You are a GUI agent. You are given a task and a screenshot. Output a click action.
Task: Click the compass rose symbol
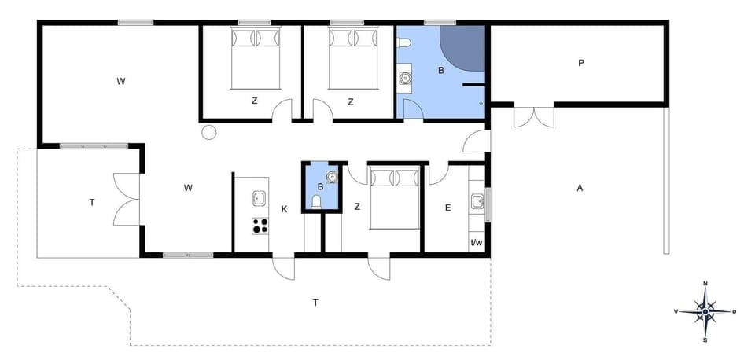pos(705,312)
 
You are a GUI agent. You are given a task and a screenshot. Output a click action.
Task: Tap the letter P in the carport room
pos(581,63)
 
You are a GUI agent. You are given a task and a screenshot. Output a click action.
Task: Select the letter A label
pos(580,188)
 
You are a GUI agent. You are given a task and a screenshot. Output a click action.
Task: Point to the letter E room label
pos(447,208)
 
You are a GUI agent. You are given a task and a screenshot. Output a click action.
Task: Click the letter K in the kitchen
pos(284,208)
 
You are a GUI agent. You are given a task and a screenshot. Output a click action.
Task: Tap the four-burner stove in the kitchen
pos(260,226)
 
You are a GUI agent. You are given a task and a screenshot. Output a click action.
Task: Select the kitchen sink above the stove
pos(259,198)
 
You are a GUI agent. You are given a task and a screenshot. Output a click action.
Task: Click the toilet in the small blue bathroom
pos(317,203)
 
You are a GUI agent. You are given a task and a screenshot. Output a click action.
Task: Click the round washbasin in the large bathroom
pos(405,78)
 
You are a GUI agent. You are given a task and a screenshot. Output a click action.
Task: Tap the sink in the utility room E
pos(477,201)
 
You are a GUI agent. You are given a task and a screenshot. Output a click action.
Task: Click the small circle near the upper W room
pos(208,132)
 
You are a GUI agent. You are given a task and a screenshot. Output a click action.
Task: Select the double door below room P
pos(534,116)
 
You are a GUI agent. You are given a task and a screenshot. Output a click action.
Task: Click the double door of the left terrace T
pos(127,200)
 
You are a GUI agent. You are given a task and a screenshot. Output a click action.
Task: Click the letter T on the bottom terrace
pos(315,302)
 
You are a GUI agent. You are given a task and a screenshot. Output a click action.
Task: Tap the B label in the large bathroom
pos(441,72)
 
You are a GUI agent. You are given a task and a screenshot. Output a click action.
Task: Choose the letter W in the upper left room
pos(121,81)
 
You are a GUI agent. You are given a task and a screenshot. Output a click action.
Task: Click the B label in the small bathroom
pos(321,187)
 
